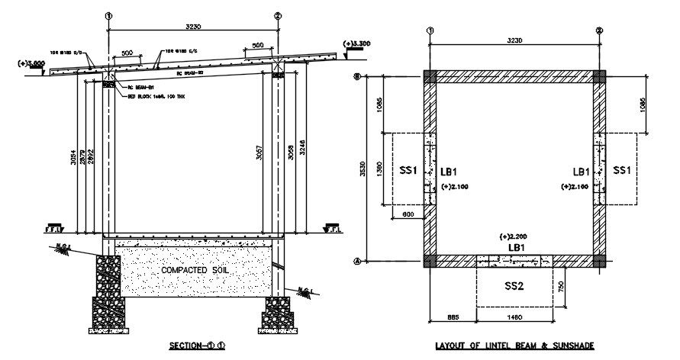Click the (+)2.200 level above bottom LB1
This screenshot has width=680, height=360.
[x=512, y=236]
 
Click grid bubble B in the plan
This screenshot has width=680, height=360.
[x=356, y=77]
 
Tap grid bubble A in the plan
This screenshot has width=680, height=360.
[x=356, y=261]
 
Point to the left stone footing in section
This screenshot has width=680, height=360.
[x=107, y=294]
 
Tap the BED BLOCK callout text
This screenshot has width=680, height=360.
[x=150, y=98]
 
